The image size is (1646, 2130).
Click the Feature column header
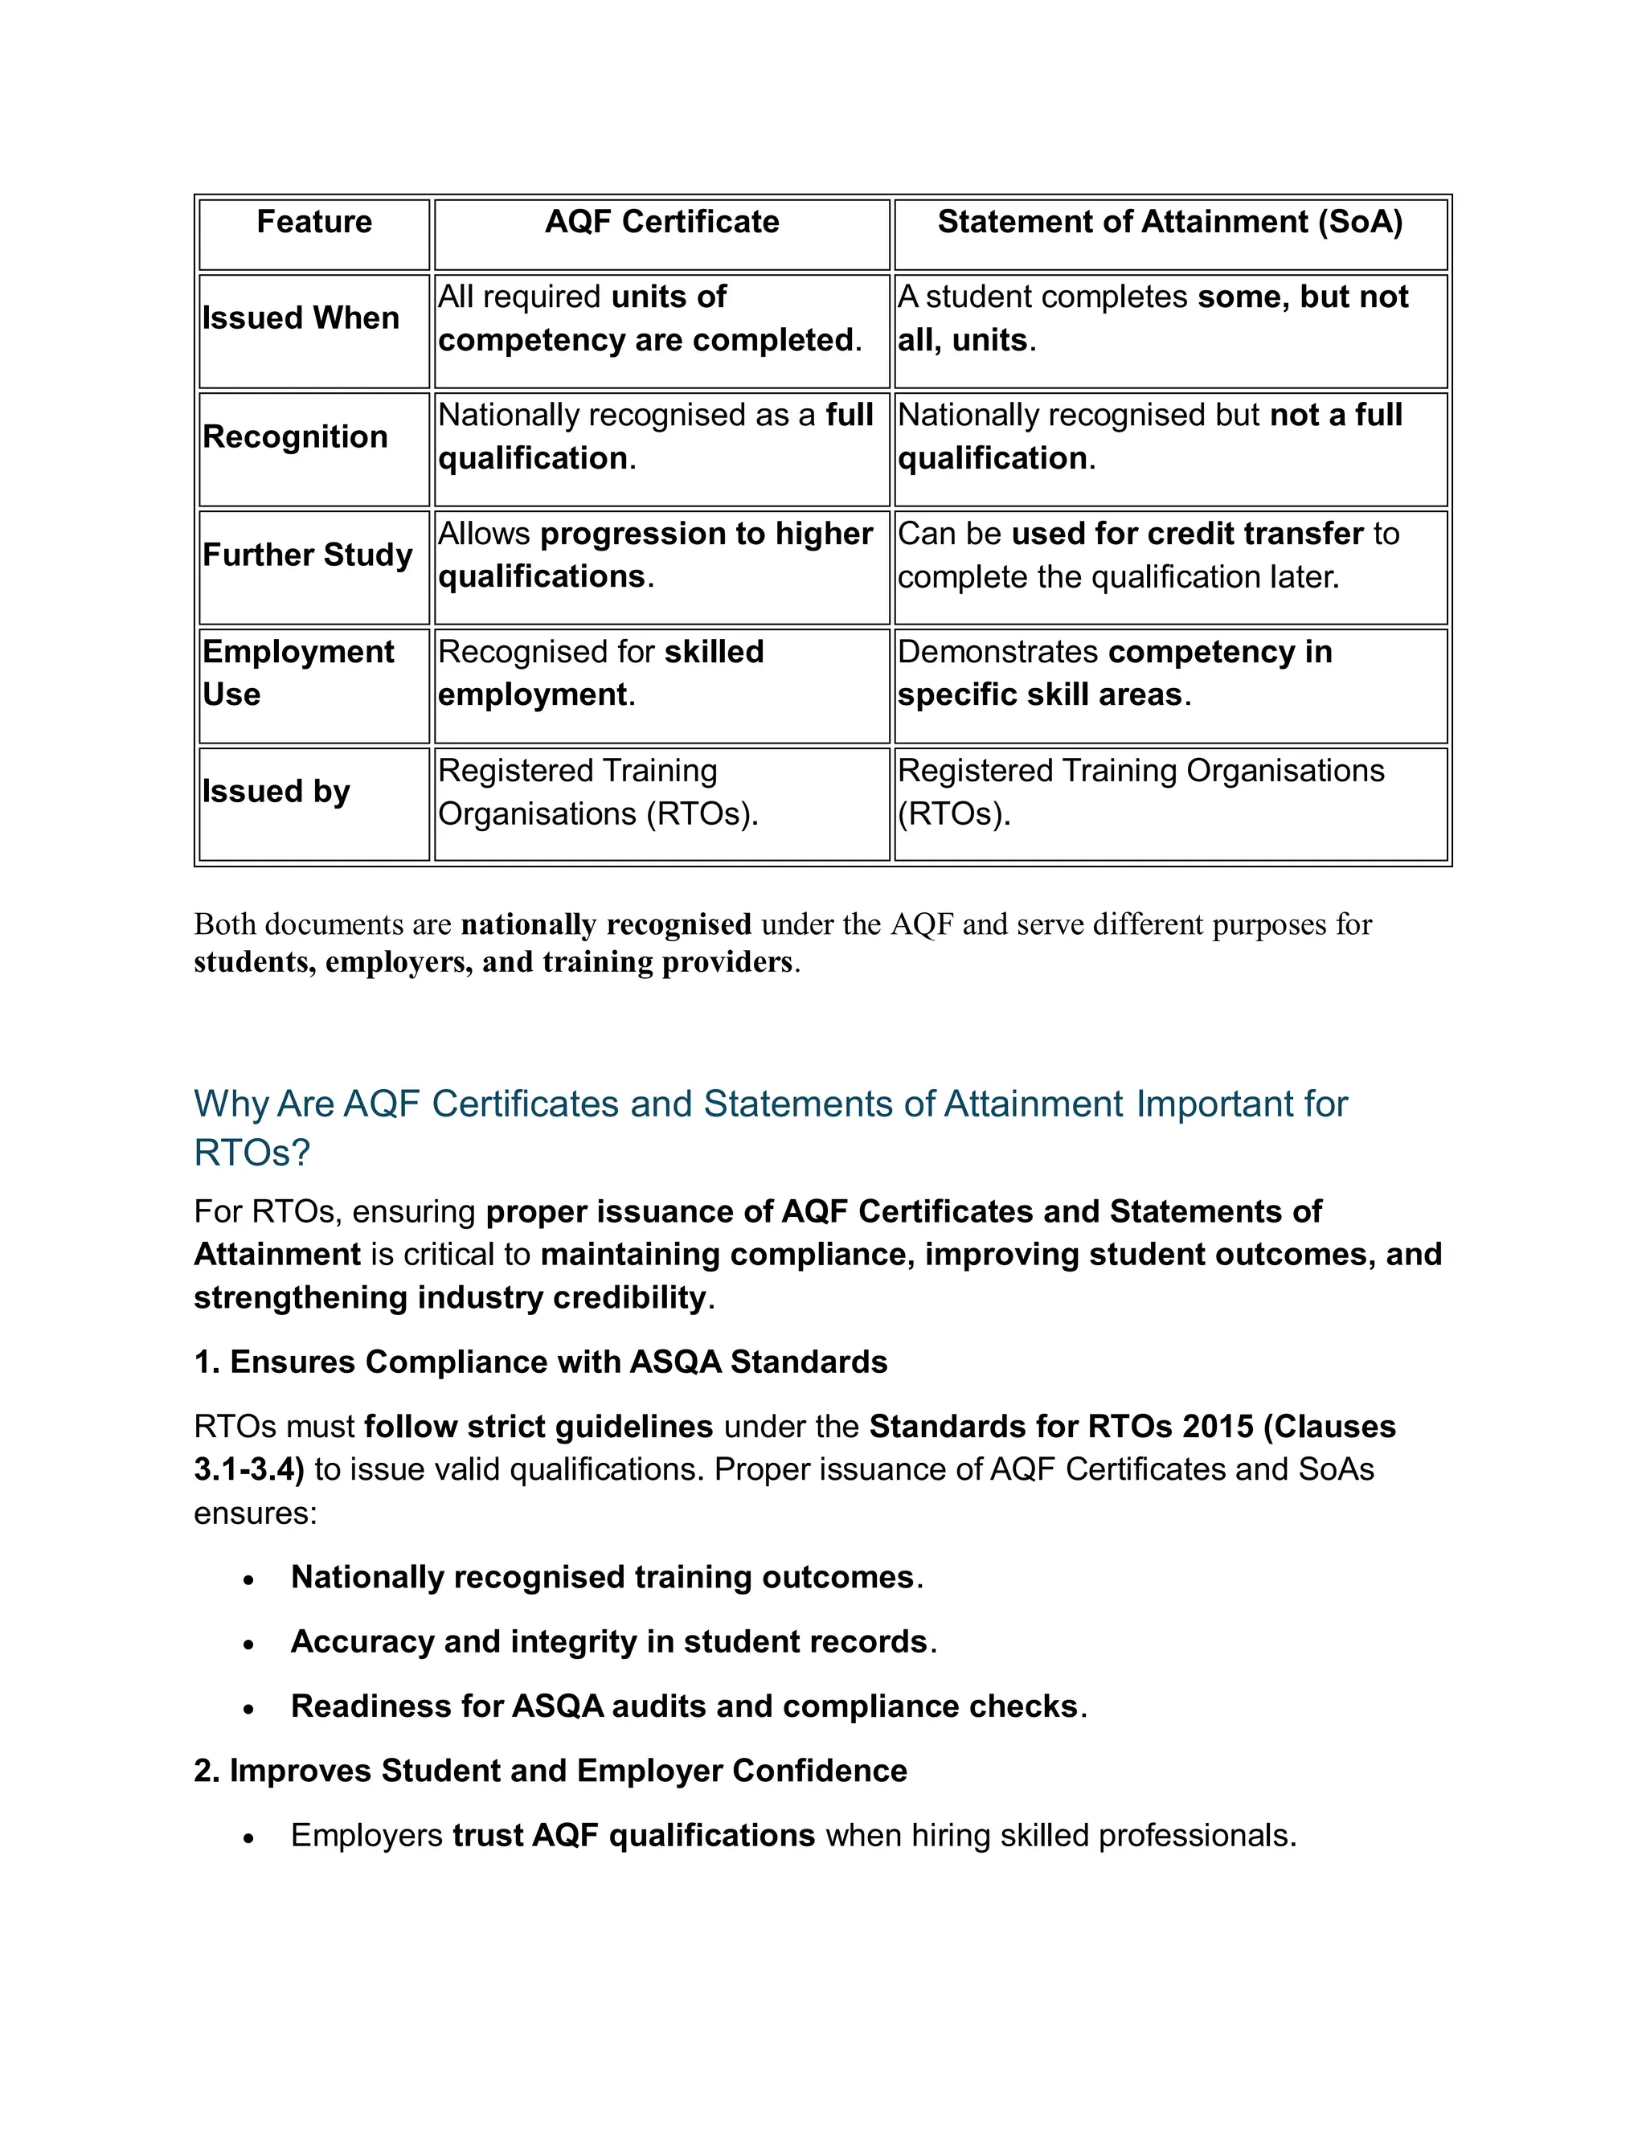pyautogui.click(x=314, y=223)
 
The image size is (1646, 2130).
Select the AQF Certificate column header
pyautogui.click(x=661, y=223)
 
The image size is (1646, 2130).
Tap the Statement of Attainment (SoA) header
pyautogui.click(x=1169, y=223)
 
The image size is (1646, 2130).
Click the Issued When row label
pyautogui.click(x=301, y=318)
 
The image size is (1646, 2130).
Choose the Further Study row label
pyautogui.click(x=307, y=554)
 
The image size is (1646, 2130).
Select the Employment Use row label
pyautogui.click(x=297, y=673)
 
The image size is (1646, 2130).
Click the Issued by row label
pyautogui.click(x=276, y=791)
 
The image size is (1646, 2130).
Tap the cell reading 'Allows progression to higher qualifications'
pyautogui.click(x=654, y=555)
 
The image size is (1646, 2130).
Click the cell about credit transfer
pyautogui.click(x=1148, y=555)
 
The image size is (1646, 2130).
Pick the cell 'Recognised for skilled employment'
pyautogui.click(x=600, y=673)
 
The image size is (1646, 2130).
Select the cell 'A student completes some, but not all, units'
pyautogui.click(x=1152, y=318)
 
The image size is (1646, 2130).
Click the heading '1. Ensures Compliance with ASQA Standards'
pyautogui.click(x=540, y=1362)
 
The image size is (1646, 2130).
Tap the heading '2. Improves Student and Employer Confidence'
pyautogui.click(x=550, y=1770)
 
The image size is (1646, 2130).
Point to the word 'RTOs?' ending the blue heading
pyautogui.click(x=252, y=1153)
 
